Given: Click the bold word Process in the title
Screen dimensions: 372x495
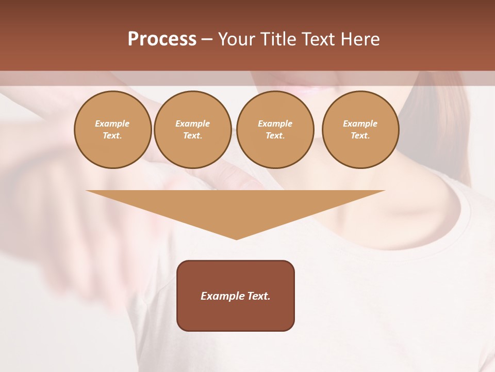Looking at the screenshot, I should [x=162, y=39].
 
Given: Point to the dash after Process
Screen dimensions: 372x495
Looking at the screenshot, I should [x=207, y=39].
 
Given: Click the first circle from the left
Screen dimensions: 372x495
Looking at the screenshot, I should [x=113, y=130].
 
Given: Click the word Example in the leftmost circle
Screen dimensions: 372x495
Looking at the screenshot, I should [x=112, y=123].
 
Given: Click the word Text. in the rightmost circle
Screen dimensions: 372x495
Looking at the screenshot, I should [x=360, y=136].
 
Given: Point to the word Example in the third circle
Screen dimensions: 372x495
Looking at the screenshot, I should [x=275, y=123].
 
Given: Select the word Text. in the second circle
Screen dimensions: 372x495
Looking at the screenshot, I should [x=192, y=136].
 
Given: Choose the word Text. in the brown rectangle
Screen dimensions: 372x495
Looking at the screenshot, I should [x=259, y=296].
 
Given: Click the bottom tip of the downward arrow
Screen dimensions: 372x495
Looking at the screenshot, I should [x=236, y=239].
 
